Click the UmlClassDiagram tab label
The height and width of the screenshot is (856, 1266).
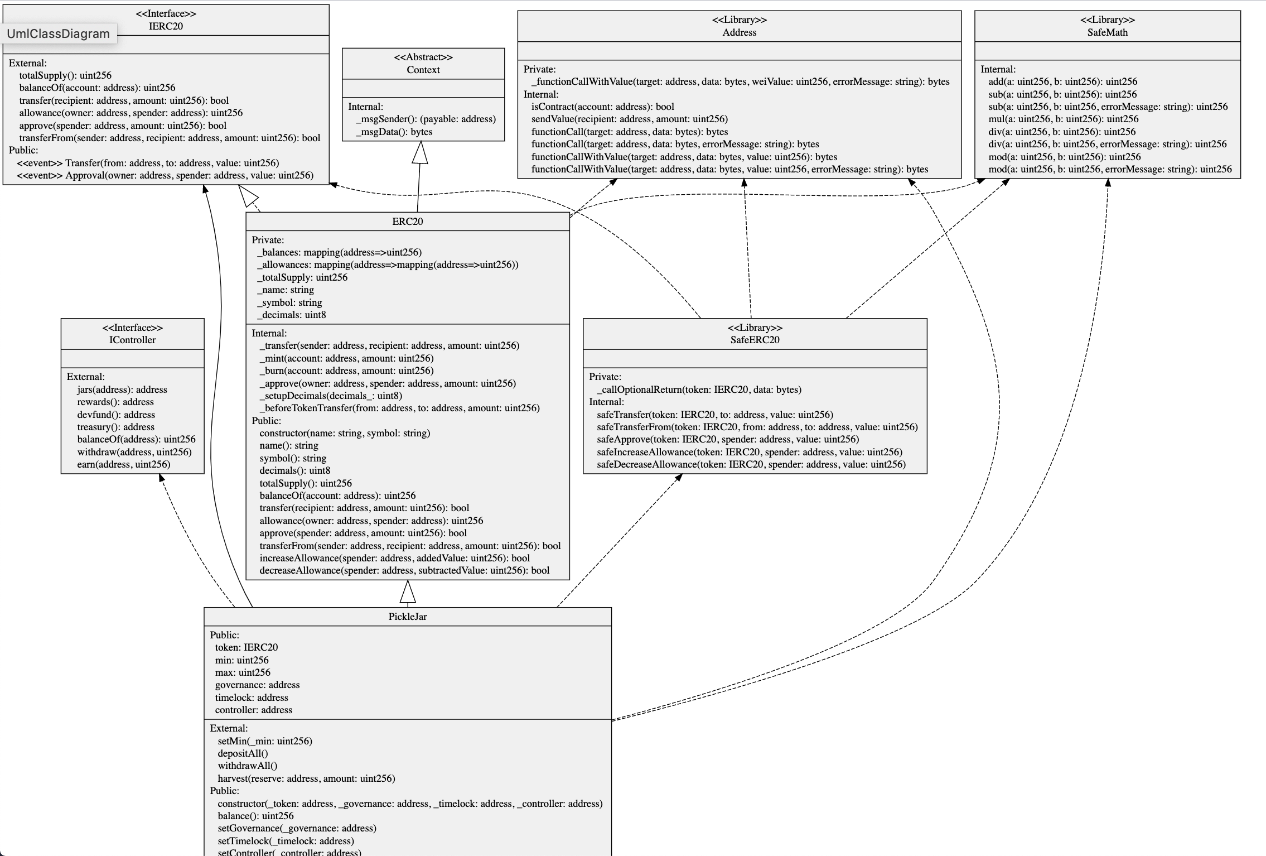(x=58, y=33)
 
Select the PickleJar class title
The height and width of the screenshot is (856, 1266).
(x=408, y=617)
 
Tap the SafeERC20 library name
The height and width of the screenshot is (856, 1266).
(x=755, y=340)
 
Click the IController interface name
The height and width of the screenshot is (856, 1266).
(x=133, y=340)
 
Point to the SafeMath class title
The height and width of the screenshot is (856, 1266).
(x=1107, y=32)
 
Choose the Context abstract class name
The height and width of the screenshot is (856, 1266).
(x=423, y=70)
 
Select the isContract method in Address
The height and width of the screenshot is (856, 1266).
(x=602, y=107)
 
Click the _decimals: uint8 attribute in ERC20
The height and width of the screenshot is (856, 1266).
(x=292, y=315)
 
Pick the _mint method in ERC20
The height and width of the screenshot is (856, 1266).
(x=346, y=358)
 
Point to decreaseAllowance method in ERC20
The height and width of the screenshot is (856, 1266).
(x=404, y=570)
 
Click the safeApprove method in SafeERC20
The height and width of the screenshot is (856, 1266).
(x=728, y=439)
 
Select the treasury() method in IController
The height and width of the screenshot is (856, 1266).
(x=115, y=427)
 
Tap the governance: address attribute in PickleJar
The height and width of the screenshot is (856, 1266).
(x=257, y=685)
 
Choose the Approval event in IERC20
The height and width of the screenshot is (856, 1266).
(x=165, y=175)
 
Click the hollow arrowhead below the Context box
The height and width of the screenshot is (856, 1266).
(x=420, y=152)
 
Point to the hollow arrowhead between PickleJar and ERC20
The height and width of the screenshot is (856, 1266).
(x=408, y=591)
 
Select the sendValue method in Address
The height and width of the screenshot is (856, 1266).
(x=629, y=119)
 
